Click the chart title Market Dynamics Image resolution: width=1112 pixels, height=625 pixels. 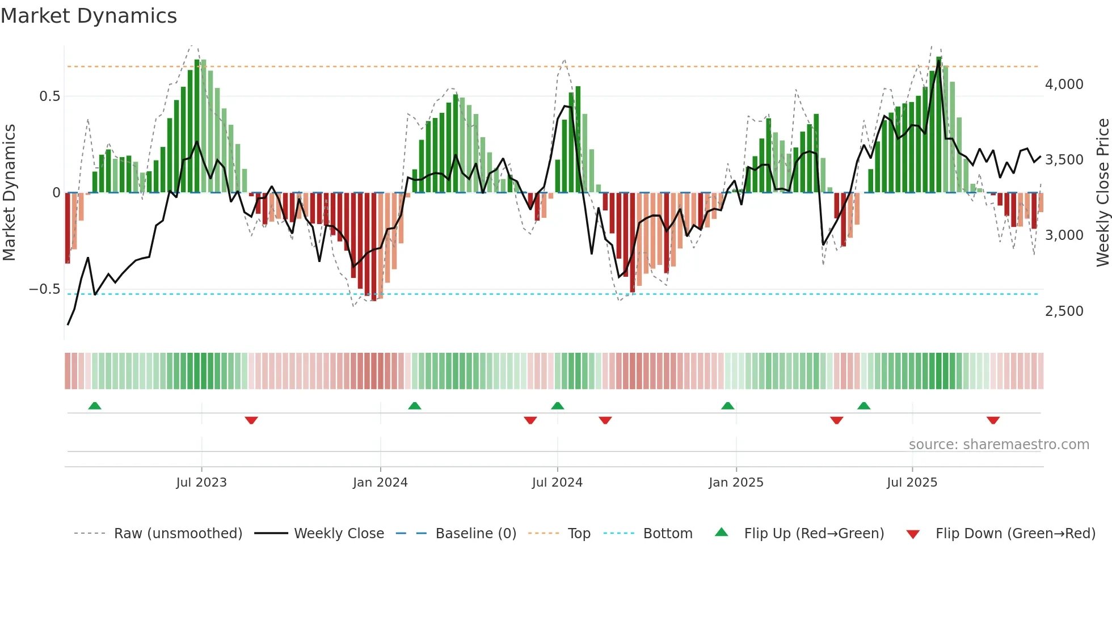(89, 16)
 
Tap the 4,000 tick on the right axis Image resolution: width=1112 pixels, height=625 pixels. (1064, 85)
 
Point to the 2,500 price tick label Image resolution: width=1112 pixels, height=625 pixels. (1064, 311)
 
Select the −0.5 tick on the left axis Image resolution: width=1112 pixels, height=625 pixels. (44, 289)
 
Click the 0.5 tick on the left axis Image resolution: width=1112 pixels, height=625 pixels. (49, 96)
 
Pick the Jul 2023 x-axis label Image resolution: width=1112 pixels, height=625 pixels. (201, 483)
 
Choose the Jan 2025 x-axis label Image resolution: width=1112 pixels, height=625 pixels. (736, 483)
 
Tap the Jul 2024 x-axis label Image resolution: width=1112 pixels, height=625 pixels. (557, 483)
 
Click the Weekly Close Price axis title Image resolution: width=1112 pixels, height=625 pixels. (1102, 193)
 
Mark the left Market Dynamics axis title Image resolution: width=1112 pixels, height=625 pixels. (9, 193)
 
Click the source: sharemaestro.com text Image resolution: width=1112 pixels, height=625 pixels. (999, 445)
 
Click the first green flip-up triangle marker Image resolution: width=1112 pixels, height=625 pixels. (95, 406)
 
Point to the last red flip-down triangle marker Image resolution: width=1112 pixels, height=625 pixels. (993, 420)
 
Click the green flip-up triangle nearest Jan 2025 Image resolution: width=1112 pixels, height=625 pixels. (727, 406)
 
